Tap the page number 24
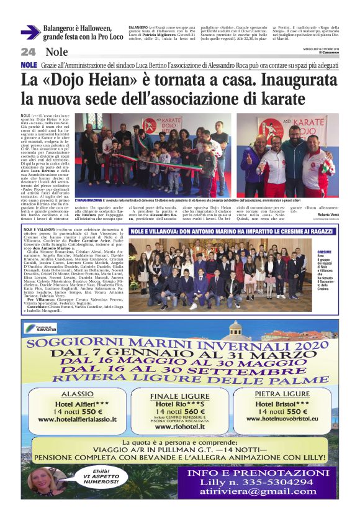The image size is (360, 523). coord(29,52)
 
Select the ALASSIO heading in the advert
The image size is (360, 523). coord(76,393)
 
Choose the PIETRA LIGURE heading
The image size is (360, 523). coord(282,394)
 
